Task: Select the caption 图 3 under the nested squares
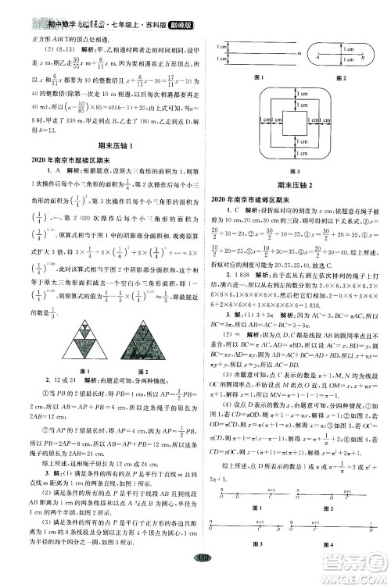click(x=295, y=192)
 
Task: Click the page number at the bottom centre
click(x=195, y=576)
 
